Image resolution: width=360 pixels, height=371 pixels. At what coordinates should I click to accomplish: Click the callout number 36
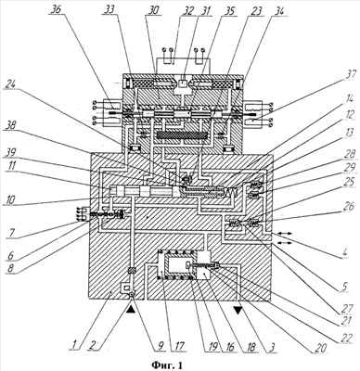(x=58, y=9)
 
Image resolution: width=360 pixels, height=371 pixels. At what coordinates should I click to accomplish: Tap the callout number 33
(x=109, y=9)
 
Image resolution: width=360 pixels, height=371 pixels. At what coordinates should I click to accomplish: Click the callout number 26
(x=348, y=206)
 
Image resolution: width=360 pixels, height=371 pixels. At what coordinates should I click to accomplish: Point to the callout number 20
(x=320, y=348)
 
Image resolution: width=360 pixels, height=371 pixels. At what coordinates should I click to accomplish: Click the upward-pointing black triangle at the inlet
(x=131, y=306)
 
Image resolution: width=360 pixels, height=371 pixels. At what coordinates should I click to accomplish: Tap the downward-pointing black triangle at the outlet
(x=238, y=310)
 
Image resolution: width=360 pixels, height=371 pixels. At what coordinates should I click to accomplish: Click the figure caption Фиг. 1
(x=167, y=365)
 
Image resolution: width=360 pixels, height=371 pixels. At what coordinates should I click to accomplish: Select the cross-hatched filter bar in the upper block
(x=182, y=135)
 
